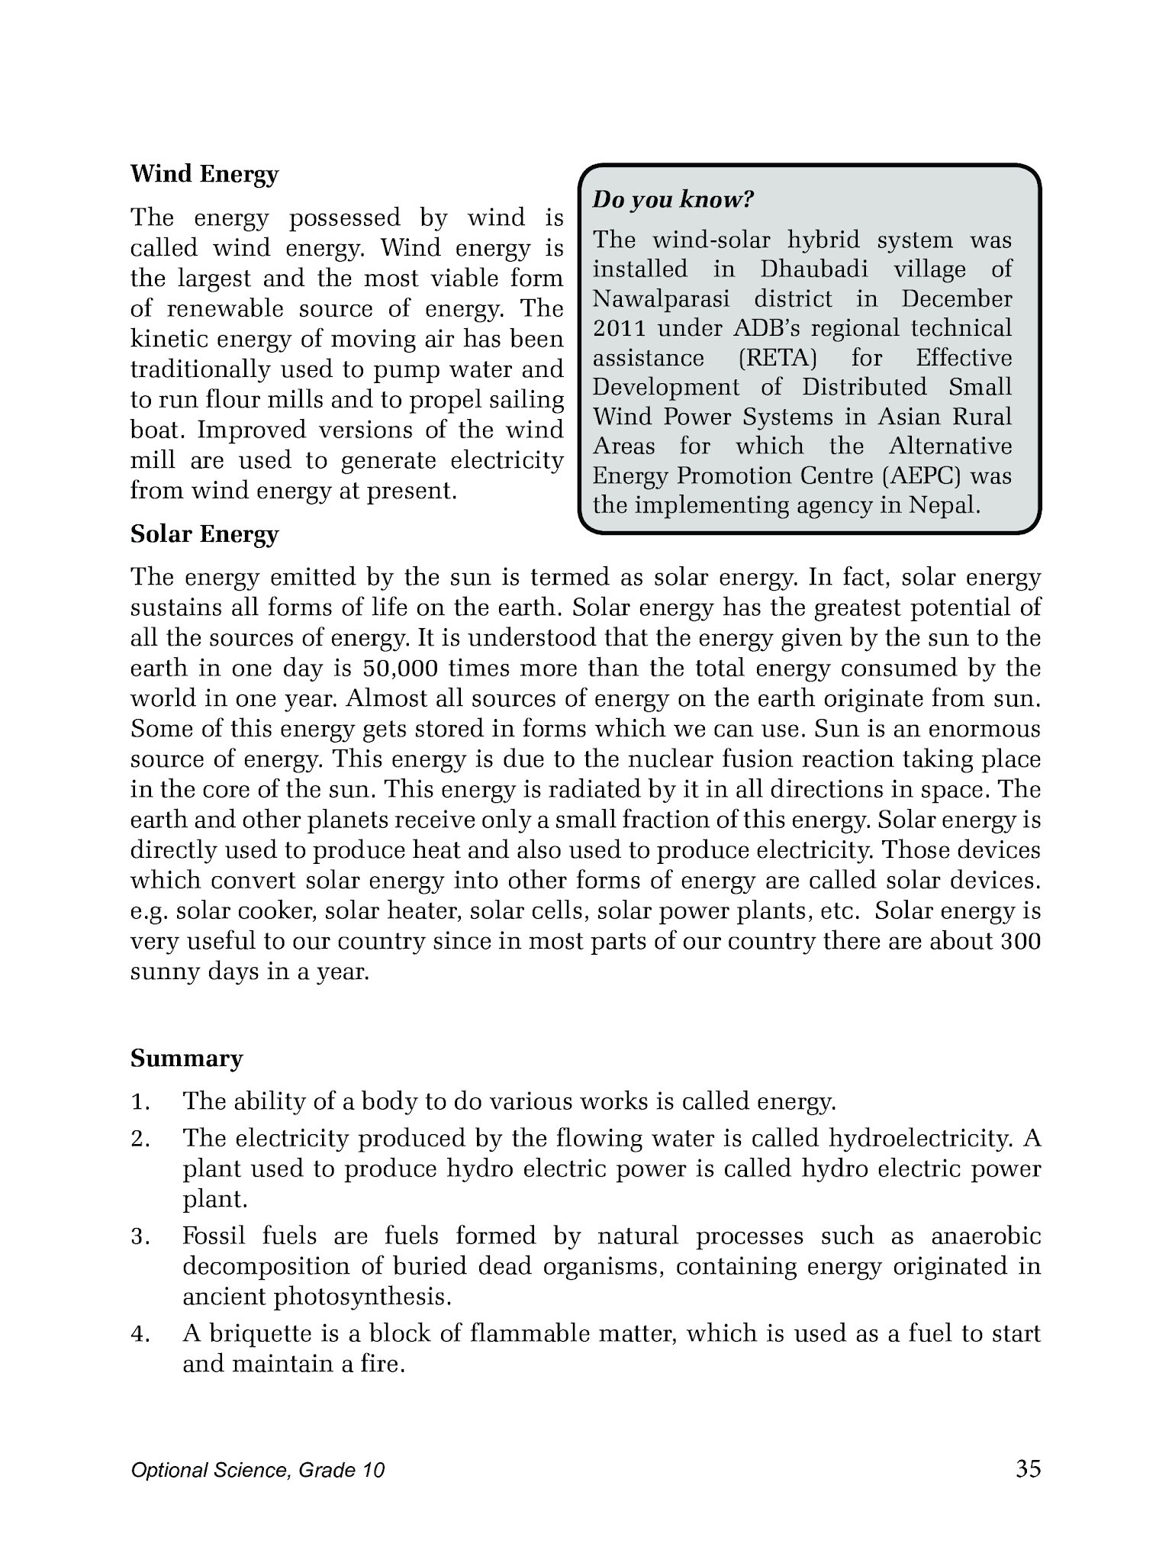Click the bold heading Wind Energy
click(x=204, y=175)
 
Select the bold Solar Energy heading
click(x=204, y=534)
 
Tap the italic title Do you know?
click(x=673, y=201)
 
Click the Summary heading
click(x=186, y=1059)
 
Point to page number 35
click(x=1028, y=1469)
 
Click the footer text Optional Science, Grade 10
click(x=257, y=1471)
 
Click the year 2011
click(x=619, y=329)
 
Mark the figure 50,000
click(x=401, y=669)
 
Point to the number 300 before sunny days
click(x=1019, y=942)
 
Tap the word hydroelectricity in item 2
click(x=921, y=1139)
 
